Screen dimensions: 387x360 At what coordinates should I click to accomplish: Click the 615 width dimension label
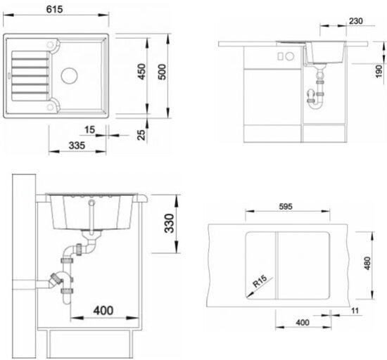click(x=55, y=9)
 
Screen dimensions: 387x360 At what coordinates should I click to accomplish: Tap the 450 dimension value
click(x=141, y=72)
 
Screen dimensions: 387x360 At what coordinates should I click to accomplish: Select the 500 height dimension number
click(x=162, y=72)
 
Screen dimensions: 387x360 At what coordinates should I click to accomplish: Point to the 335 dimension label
click(x=77, y=146)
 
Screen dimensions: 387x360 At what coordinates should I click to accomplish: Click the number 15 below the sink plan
click(x=89, y=130)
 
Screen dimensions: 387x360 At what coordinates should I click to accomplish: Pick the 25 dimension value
click(x=141, y=135)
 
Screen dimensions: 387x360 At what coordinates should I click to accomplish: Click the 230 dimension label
click(x=356, y=21)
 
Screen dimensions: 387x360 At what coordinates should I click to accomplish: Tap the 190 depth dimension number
click(x=379, y=72)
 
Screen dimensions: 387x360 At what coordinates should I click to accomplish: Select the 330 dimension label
click(x=170, y=224)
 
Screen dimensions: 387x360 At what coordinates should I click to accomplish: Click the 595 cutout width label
click(x=286, y=207)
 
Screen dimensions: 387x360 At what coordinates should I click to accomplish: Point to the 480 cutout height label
click(x=367, y=264)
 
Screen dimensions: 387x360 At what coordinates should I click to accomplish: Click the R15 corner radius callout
click(x=260, y=281)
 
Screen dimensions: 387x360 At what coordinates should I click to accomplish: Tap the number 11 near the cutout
click(x=355, y=311)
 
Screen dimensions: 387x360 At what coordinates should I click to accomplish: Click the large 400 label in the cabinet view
click(x=103, y=311)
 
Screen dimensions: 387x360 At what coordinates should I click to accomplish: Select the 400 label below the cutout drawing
click(x=303, y=323)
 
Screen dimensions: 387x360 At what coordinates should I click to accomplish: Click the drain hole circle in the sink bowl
click(x=70, y=76)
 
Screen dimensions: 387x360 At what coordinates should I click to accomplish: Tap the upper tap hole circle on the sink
click(x=50, y=44)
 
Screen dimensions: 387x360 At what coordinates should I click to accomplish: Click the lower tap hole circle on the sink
click(x=50, y=108)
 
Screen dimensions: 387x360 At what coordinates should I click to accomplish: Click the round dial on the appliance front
click(x=290, y=56)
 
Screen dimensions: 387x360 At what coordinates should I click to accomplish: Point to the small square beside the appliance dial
click(x=280, y=56)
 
